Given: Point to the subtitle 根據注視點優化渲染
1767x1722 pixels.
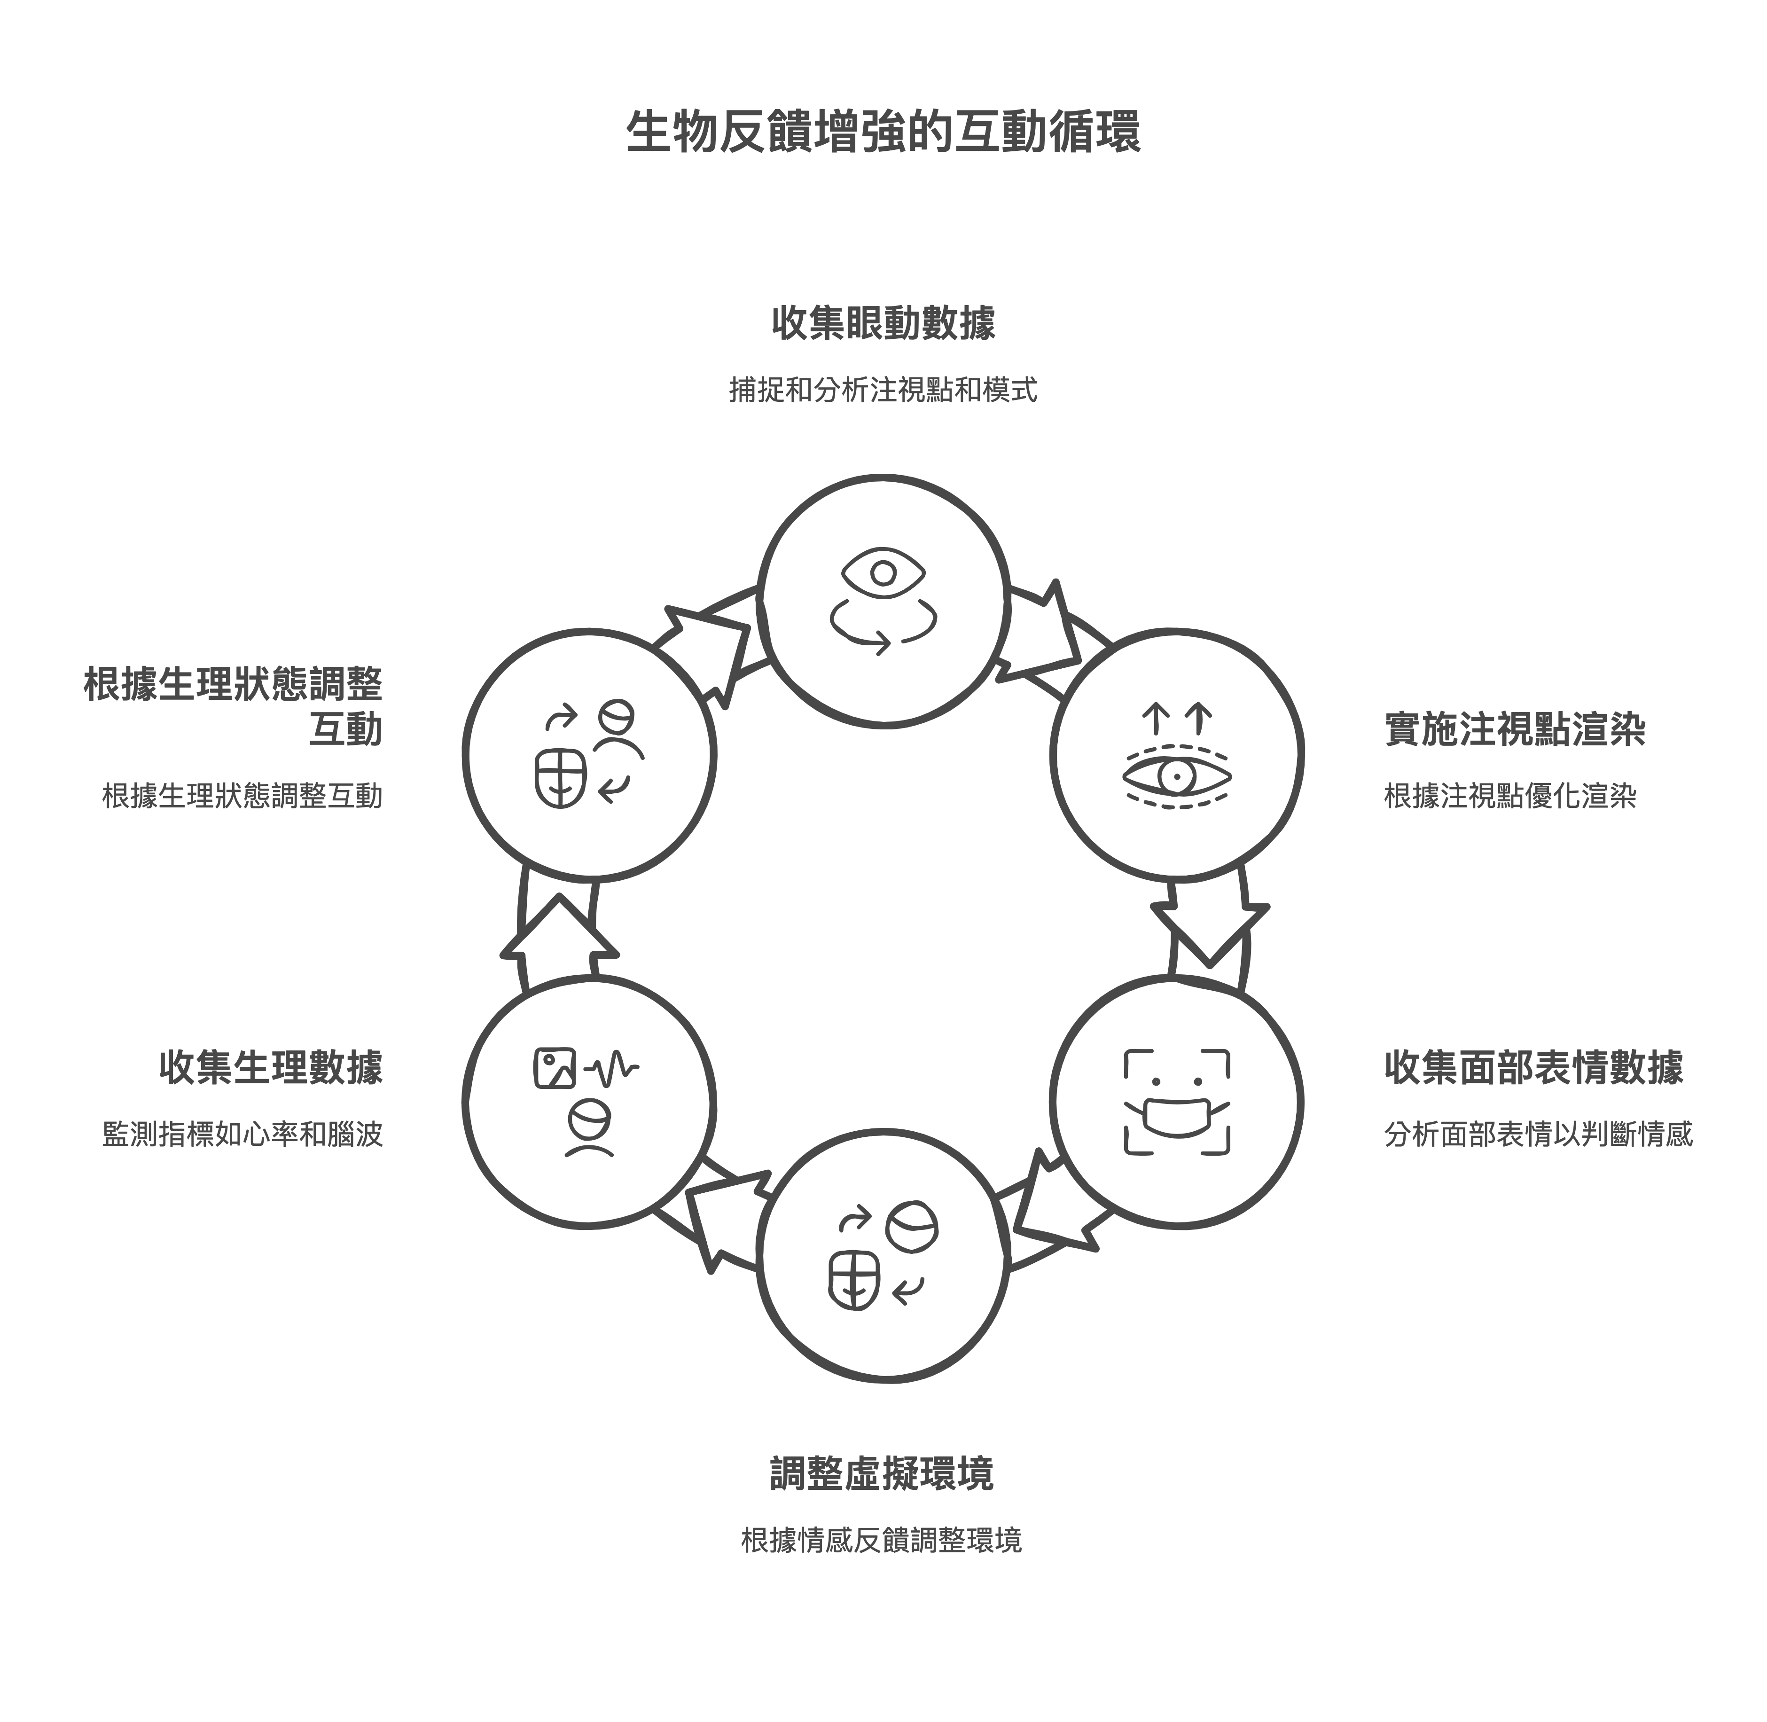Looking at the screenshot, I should coord(1510,796).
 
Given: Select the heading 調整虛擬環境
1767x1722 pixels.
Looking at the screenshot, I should coord(882,1473).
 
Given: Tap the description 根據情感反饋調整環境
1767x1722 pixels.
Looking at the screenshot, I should coord(882,1540).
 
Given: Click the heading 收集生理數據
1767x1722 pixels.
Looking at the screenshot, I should coord(271,1067).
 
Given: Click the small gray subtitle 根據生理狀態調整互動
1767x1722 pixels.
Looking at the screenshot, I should coord(242,796).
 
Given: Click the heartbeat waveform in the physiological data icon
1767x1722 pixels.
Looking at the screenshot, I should coord(612,1069).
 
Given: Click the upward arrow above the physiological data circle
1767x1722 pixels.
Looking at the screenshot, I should coord(559,931).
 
